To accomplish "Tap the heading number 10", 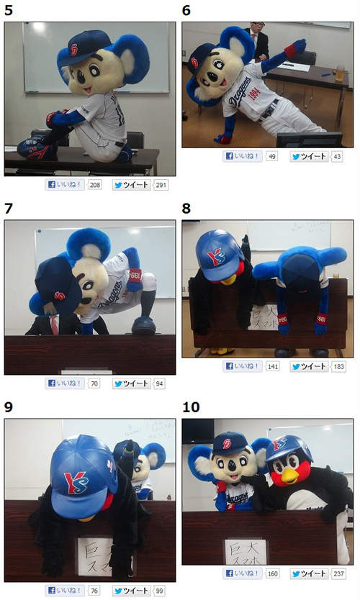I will click(x=191, y=407).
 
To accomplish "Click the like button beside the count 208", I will click(x=66, y=185).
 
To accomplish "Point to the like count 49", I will click(x=271, y=156).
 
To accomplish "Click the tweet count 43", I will click(x=338, y=156).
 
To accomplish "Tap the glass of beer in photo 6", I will click(x=339, y=72).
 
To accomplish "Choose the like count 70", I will click(x=94, y=383).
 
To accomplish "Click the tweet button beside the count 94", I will click(x=131, y=383).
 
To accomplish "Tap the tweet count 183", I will click(x=339, y=366).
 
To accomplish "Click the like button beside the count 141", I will click(x=243, y=366).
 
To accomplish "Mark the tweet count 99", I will click(x=160, y=591).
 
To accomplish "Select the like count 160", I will click(x=273, y=574).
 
